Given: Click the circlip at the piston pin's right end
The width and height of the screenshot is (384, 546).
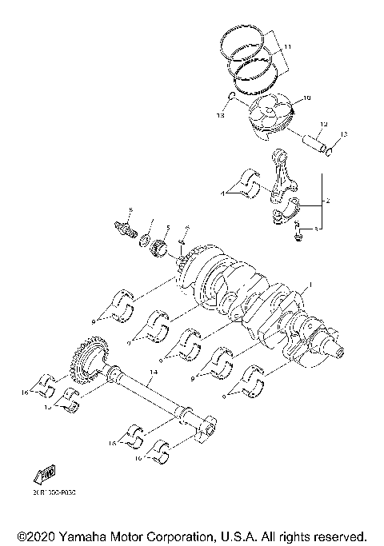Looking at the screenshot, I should [x=333, y=149].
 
